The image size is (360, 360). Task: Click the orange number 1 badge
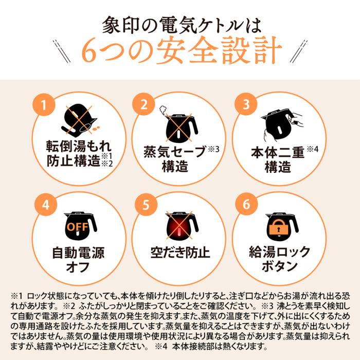tap(44, 105)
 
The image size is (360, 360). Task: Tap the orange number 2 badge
tap(143, 104)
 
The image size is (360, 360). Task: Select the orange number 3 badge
tap(246, 104)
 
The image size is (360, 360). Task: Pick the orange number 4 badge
tap(46, 205)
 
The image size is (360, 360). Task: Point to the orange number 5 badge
tap(146, 205)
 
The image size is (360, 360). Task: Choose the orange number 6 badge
tap(246, 204)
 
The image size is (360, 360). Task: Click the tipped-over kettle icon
tap(80, 119)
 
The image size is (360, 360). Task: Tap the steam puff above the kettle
tap(163, 110)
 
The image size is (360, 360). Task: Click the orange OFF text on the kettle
tap(78, 227)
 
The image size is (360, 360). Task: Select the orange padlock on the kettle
tap(279, 227)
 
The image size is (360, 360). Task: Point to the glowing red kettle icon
tap(182, 226)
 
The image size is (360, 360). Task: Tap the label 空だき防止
tap(180, 253)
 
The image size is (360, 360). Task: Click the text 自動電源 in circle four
tap(78, 253)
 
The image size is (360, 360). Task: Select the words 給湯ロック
tap(279, 252)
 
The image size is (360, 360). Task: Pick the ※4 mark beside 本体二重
tap(313, 149)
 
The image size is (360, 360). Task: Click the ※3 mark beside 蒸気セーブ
tap(213, 149)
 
